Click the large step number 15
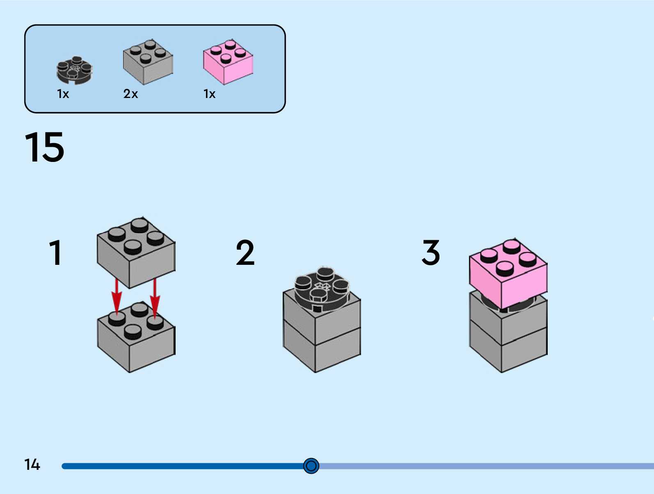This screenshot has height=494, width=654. pyautogui.click(x=44, y=147)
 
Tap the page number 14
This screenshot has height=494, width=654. pyautogui.click(x=32, y=464)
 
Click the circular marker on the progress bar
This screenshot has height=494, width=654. pyautogui.click(x=311, y=466)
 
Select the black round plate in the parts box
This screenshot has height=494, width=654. pyautogui.click(x=74, y=71)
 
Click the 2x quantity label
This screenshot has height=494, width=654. pyautogui.click(x=130, y=94)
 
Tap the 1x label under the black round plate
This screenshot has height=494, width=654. pyautogui.click(x=63, y=94)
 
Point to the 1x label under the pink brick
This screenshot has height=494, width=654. pyautogui.click(x=209, y=94)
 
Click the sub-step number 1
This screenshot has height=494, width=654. pyautogui.click(x=55, y=253)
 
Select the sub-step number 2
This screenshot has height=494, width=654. pyautogui.click(x=245, y=253)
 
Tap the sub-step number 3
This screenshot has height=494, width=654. pyautogui.click(x=431, y=253)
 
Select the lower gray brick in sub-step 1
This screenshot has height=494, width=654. pyautogui.click(x=136, y=342)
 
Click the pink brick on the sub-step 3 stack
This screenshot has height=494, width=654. pyautogui.click(x=508, y=275)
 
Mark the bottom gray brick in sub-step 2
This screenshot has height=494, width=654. pyautogui.click(x=322, y=351)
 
